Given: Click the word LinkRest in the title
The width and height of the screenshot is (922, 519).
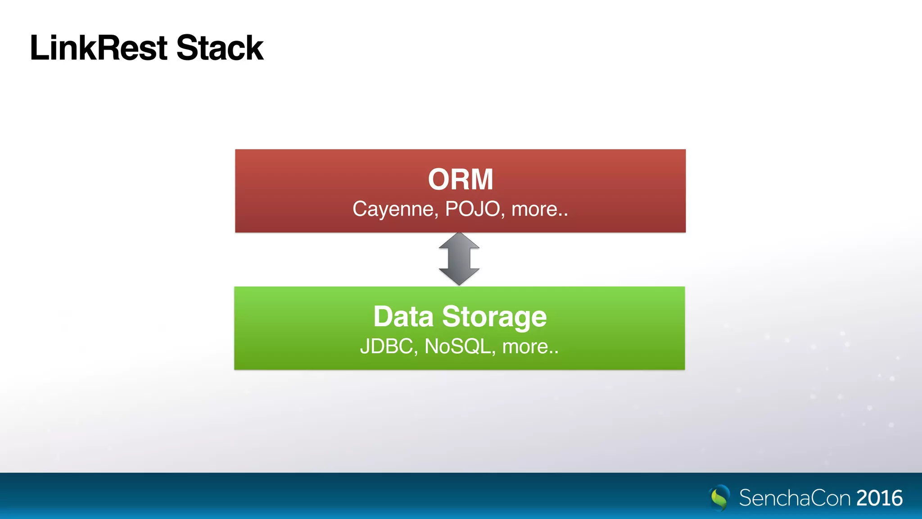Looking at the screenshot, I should tap(99, 48).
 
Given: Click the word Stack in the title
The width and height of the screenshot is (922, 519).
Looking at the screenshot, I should tap(220, 48).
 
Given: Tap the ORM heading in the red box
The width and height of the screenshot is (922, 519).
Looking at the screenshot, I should tap(460, 179).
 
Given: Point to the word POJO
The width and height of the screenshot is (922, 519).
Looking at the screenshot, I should tap(473, 209).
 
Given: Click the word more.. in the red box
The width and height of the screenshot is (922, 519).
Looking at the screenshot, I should tap(539, 209).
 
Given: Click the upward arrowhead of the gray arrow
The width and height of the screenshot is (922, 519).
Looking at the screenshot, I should tap(459, 241).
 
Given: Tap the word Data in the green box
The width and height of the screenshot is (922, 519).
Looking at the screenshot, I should tap(403, 316).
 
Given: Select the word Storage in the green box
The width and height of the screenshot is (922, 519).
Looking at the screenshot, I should tap(494, 317).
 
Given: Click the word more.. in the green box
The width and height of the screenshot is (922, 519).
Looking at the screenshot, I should tap(530, 346).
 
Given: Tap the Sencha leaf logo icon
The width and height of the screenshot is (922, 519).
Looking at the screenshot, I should tap(719, 497).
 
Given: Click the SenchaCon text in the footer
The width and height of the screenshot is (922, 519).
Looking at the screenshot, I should tap(795, 498).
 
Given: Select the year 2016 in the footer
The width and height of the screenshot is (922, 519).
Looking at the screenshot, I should tap(879, 498).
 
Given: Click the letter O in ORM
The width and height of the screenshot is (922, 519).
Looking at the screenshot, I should tap(439, 179).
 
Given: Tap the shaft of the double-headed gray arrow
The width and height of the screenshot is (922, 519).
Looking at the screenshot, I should tap(459, 259).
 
